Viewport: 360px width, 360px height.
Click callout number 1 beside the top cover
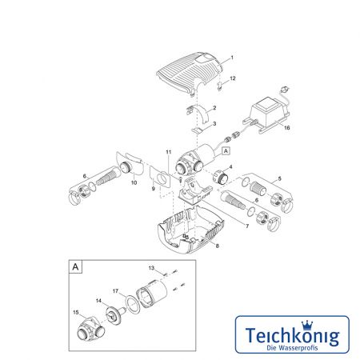(232, 58)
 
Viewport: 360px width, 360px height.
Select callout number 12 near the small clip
(233, 78)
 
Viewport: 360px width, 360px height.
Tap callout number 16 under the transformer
(286, 128)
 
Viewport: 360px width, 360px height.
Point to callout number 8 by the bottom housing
(217, 246)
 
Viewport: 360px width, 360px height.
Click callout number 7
(247, 226)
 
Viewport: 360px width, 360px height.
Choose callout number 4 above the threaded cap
(230, 167)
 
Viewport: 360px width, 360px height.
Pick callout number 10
(134, 182)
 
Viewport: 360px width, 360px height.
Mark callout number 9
(153, 189)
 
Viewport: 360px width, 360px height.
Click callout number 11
(169, 152)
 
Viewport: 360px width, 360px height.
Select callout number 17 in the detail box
(115, 291)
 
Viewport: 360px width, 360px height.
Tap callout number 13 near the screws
(151, 268)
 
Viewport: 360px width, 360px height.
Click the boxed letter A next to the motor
(226, 150)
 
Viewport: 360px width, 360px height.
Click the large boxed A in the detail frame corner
(76, 266)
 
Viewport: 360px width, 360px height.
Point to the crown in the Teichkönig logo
(306, 325)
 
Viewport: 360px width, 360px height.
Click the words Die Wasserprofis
(292, 347)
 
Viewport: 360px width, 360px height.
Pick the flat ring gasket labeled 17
(132, 304)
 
